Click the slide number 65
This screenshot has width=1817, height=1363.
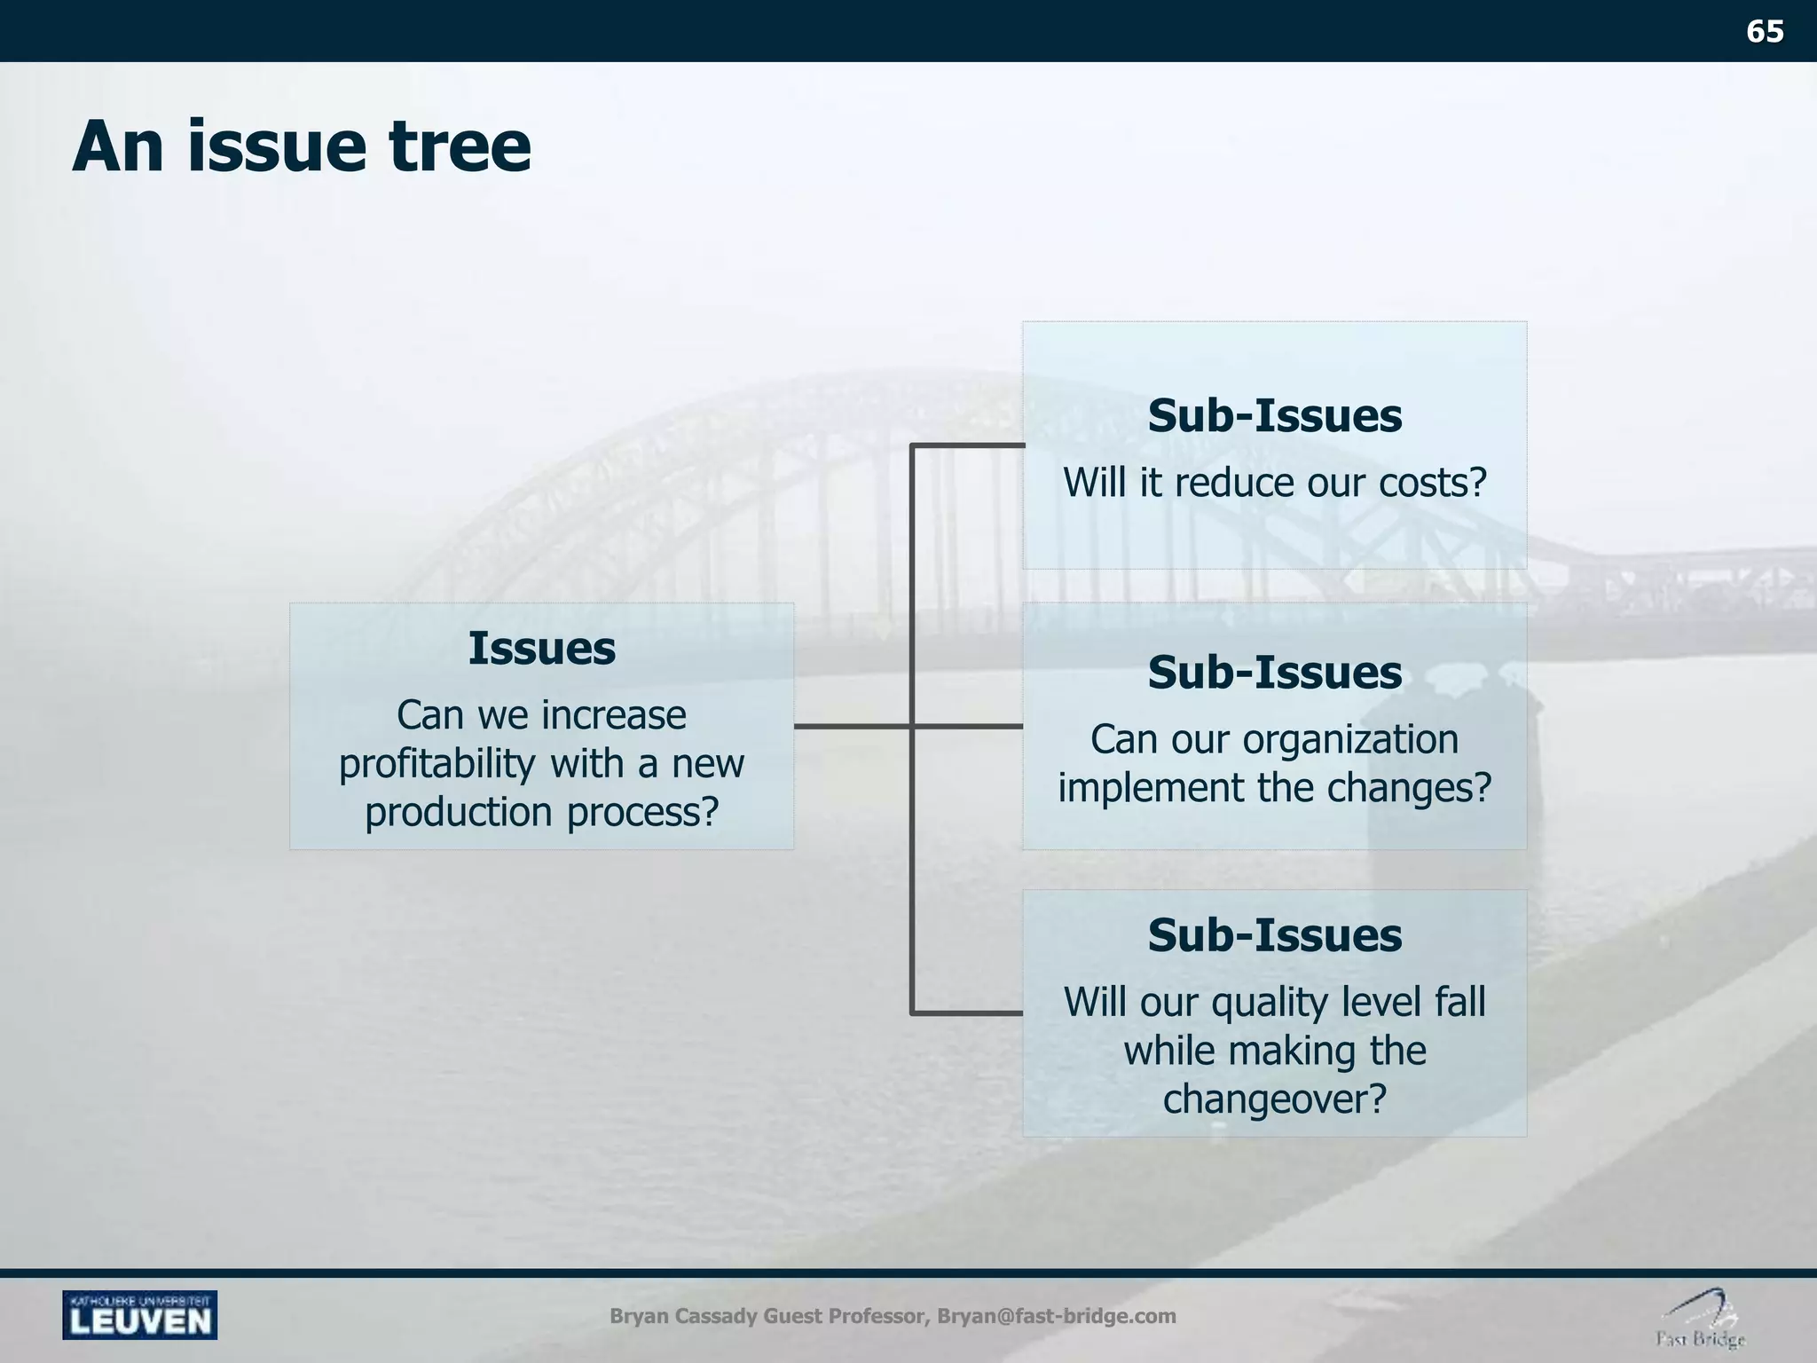pyautogui.click(x=1764, y=32)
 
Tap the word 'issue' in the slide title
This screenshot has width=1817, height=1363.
pyautogui.click(x=276, y=146)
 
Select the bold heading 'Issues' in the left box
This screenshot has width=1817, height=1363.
pyautogui.click(x=541, y=649)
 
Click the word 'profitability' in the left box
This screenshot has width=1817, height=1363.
pyautogui.click(x=437, y=764)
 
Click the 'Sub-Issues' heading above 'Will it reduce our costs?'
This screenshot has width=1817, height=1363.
pyautogui.click(x=1274, y=416)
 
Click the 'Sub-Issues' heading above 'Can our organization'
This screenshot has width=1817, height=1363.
pyautogui.click(x=1274, y=673)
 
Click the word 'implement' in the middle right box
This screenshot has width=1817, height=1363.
pyautogui.click(x=1126, y=788)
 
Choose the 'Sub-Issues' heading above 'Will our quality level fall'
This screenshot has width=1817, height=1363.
pyautogui.click(x=1274, y=935)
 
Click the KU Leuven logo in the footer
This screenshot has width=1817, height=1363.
pyautogui.click(x=139, y=1315)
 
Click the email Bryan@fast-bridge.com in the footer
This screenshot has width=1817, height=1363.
pyautogui.click(x=1056, y=1316)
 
